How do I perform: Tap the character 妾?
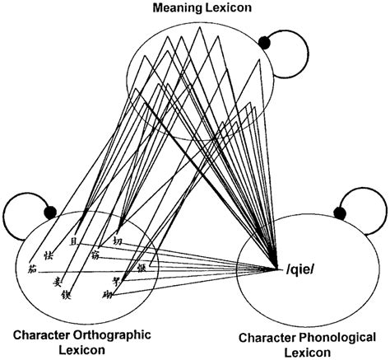(58, 283)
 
